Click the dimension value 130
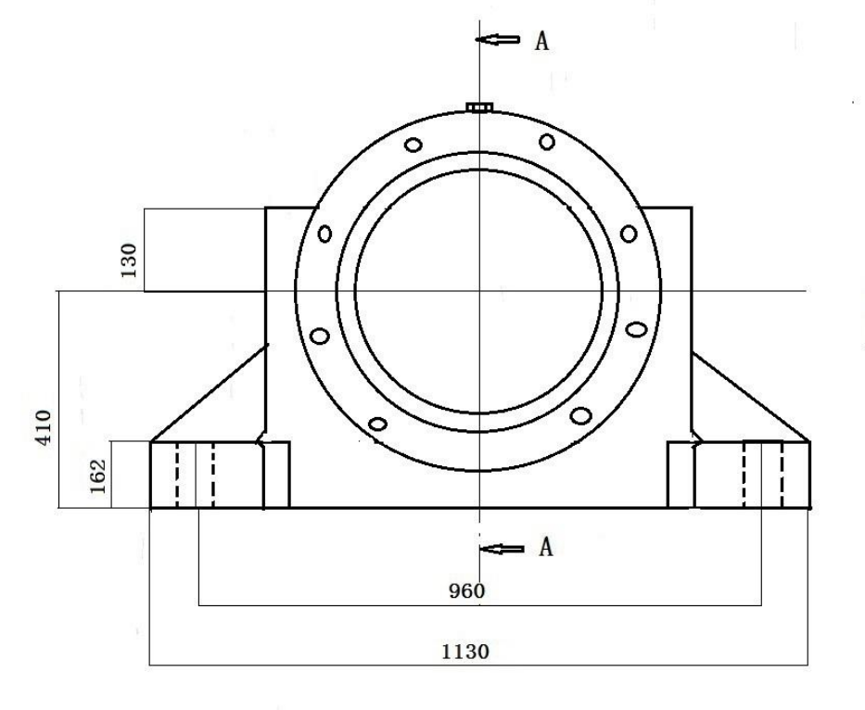tap(128, 260)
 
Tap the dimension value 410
tap(43, 427)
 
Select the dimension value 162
tap(97, 476)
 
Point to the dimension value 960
tap(466, 591)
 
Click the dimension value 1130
tap(465, 653)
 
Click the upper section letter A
tap(541, 41)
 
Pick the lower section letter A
tap(545, 547)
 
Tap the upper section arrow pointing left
tap(498, 39)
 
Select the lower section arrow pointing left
tap(502, 549)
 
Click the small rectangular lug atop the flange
tap(479, 107)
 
